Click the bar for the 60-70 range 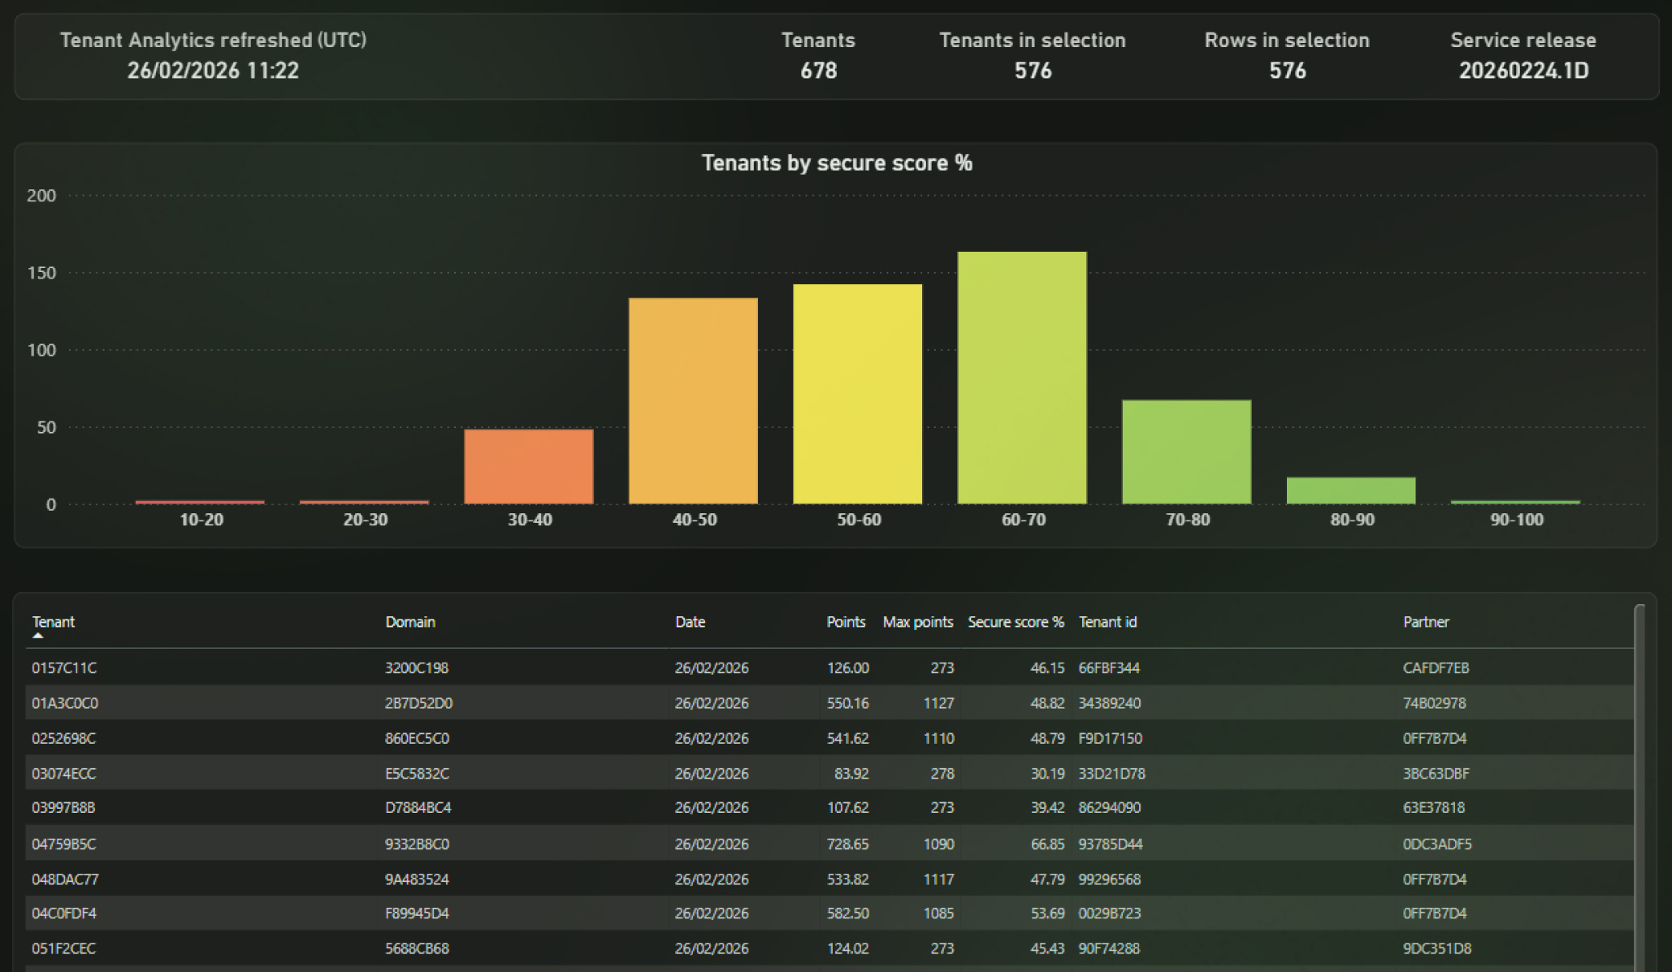coord(1022,378)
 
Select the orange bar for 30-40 coord(529,466)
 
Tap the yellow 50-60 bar coord(858,394)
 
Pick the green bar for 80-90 coord(1351,490)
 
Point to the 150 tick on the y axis coord(41,273)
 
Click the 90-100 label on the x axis coord(1517,520)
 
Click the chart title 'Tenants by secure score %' coord(837,163)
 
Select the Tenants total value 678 coord(818,71)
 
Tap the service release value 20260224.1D coord(1523,71)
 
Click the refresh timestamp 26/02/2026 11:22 coord(213,71)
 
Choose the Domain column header coord(410,622)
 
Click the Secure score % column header coord(1016,622)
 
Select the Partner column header coord(1426,622)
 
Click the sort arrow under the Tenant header coord(37,636)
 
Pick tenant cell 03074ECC coord(63,774)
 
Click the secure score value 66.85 coord(1047,845)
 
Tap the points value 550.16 coord(847,703)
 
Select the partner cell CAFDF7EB coord(1436,668)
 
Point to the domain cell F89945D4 coord(417,914)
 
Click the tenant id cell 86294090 coord(1109,808)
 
